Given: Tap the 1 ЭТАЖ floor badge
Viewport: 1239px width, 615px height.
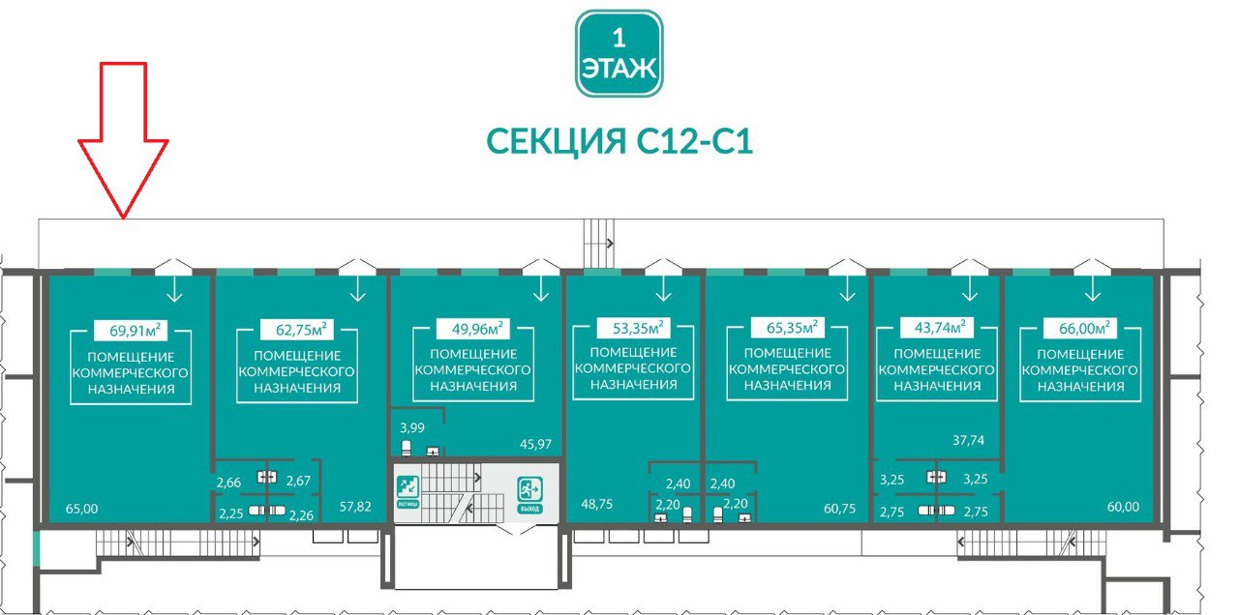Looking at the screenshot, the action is (x=619, y=53).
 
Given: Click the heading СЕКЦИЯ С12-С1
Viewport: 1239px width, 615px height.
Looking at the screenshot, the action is (x=619, y=141).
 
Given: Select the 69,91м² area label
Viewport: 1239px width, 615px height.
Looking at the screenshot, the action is (x=130, y=331).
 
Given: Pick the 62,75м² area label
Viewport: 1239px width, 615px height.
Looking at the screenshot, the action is (x=296, y=329).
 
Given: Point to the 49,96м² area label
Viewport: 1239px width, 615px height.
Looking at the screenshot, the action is (x=472, y=327).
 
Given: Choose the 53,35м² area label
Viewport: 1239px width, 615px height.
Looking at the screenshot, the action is (x=632, y=327).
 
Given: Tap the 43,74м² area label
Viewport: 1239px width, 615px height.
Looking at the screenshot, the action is (x=936, y=327).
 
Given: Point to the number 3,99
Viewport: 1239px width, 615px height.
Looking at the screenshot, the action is (x=413, y=427).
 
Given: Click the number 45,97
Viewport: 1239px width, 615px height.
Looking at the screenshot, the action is (x=535, y=444).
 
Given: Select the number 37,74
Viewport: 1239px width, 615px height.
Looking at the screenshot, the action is (x=968, y=440).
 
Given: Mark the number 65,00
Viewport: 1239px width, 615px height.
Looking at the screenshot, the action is (x=82, y=508).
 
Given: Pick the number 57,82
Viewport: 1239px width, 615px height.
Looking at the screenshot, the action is (x=355, y=505).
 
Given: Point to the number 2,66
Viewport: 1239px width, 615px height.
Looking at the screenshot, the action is (x=228, y=482).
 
